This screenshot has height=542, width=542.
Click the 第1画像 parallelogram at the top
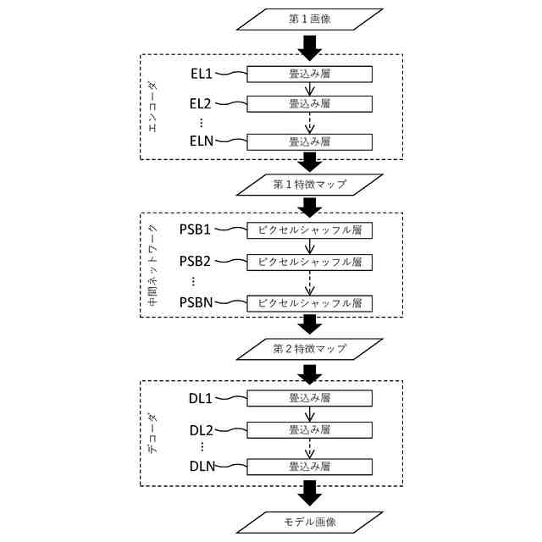click(310, 19)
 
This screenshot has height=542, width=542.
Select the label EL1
click(202, 74)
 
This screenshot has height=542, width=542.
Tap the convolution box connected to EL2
click(310, 104)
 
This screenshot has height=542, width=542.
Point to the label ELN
click(202, 141)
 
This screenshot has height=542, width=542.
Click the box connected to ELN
click(310, 142)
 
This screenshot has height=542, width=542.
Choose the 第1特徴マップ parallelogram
click(310, 185)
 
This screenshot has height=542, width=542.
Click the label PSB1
click(195, 230)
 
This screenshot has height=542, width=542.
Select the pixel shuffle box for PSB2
click(310, 263)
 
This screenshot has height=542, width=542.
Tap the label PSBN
click(196, 302)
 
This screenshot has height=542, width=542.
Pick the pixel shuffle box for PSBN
click(310, 303)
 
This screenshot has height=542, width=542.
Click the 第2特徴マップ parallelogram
click(310, 349)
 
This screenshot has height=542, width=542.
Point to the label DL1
click(201, 399)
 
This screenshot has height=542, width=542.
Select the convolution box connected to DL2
click(310, 430)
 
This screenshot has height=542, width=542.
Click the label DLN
click(202, 467)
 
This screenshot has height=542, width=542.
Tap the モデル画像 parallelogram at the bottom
click(310, 523)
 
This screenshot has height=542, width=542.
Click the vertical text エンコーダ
click(152, 107)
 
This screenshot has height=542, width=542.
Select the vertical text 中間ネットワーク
click(152, 265)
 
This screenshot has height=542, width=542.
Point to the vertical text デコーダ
click(152, 434)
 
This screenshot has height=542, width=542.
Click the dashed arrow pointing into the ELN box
click(310, 123)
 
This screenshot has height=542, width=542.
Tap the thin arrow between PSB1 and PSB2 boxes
click(310, 246)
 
